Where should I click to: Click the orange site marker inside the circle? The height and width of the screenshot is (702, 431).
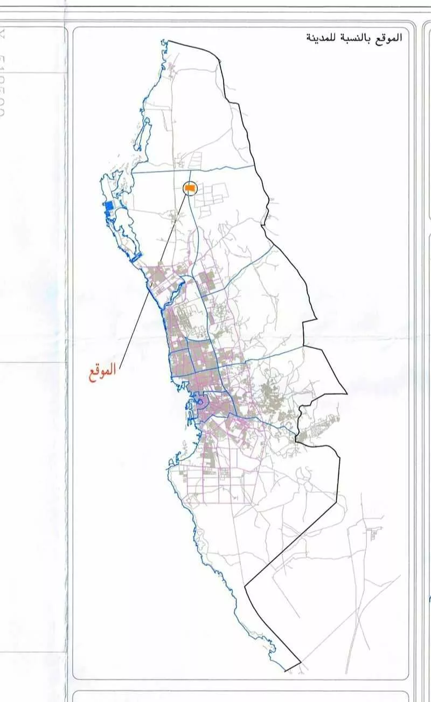coord(190,188)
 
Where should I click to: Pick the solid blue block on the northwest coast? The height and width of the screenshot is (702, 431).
coord(110,206)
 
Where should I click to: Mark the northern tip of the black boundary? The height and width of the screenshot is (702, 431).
coord(169,40)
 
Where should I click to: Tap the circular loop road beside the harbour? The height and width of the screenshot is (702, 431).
coord(200,402)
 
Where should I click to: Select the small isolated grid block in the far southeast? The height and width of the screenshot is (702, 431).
coord(372,534)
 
